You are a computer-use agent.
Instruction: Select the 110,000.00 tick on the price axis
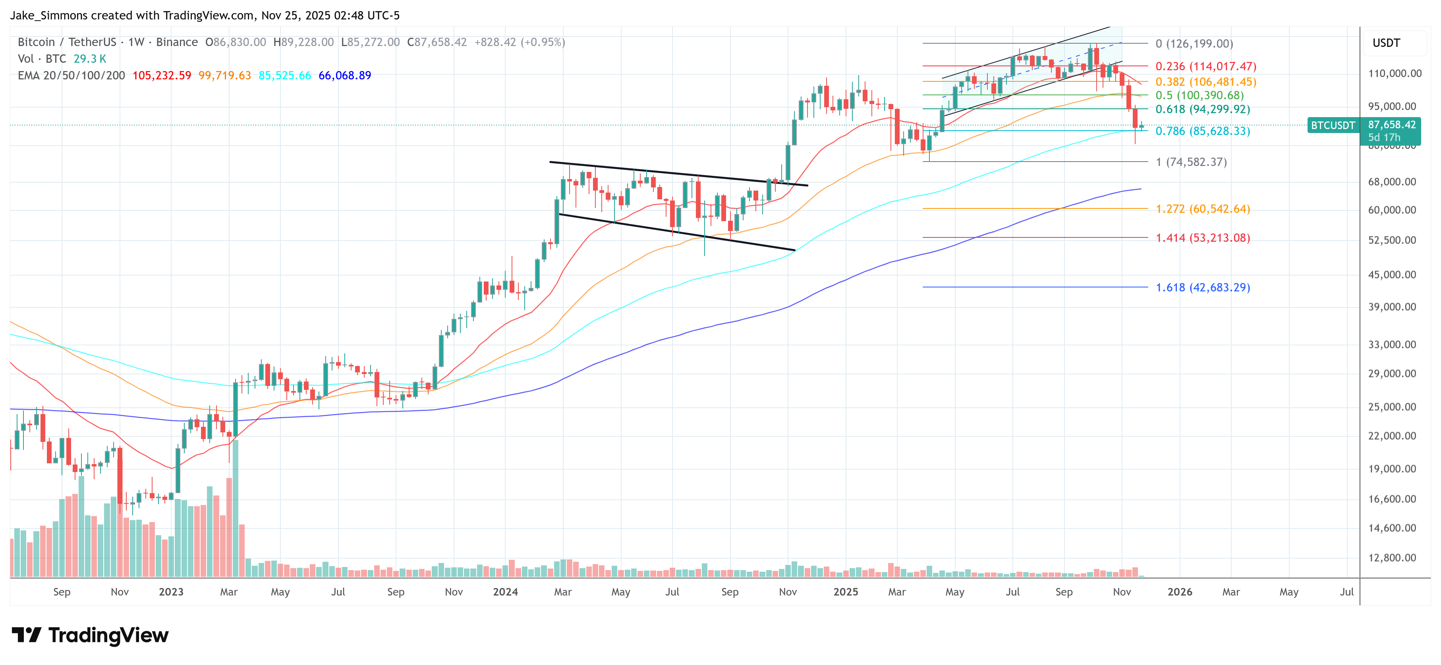(1395, 73)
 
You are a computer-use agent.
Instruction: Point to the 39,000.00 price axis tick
(1392, 306)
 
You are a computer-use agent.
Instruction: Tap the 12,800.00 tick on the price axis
(1392, 558)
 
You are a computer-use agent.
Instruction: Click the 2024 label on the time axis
(505, 592)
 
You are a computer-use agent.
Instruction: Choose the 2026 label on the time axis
(1180, 592)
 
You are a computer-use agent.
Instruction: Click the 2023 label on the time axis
(171, 592)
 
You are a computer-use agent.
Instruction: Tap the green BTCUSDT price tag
(1333, 125)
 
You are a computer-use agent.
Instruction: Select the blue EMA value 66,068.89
(345, 75)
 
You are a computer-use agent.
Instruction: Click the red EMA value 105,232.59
(162, 75)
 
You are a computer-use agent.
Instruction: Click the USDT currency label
(1386, 43)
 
